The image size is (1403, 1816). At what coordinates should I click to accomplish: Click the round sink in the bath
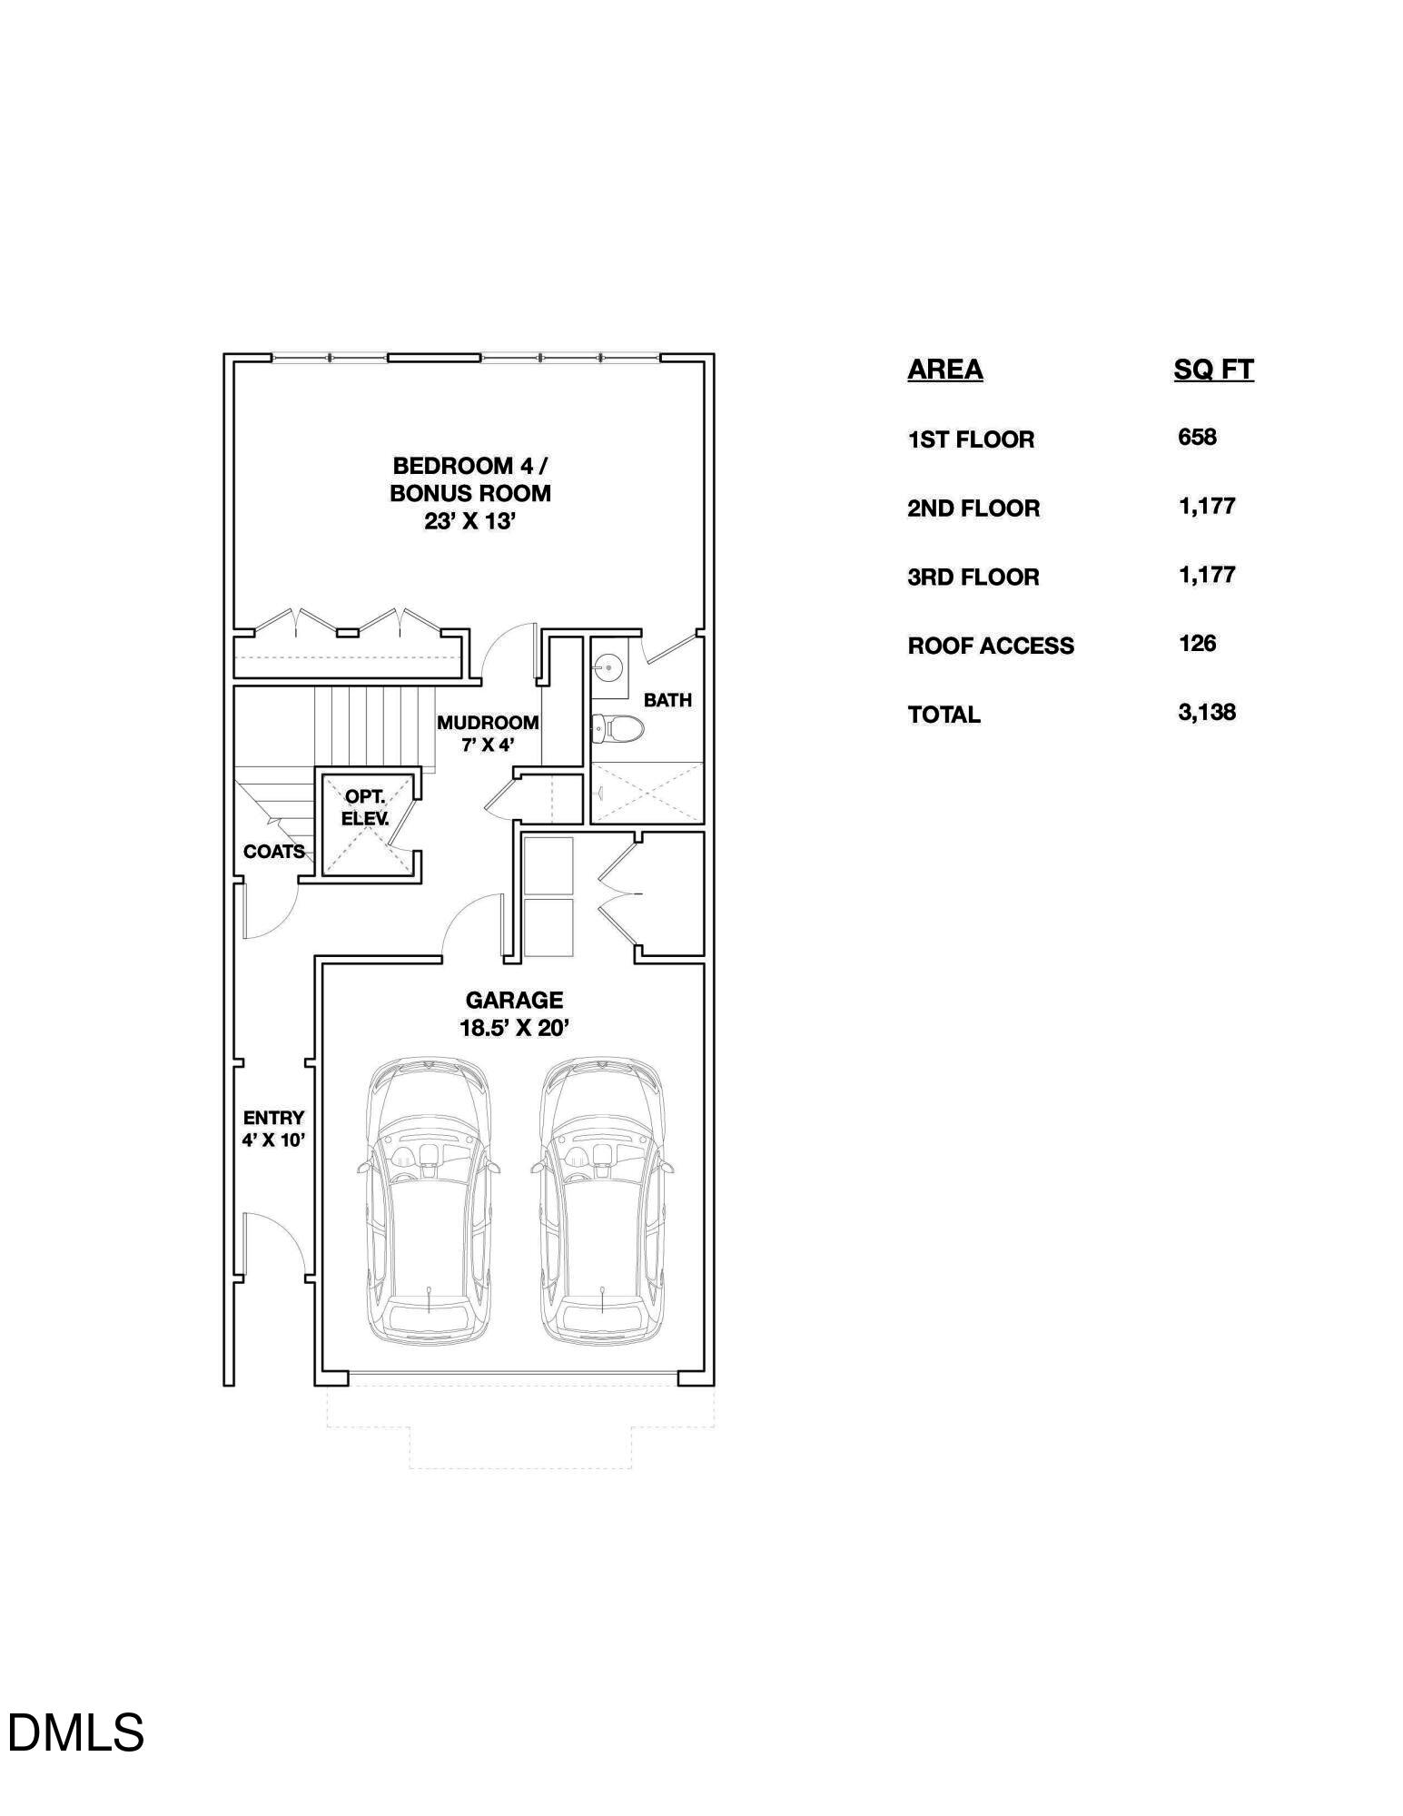point(608,668)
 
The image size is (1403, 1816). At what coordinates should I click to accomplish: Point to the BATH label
point(667,700)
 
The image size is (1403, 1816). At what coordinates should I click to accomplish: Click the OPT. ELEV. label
point(365,807)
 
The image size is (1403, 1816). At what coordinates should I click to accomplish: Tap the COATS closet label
point(274,852)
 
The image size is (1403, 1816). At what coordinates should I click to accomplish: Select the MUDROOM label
point(488,723)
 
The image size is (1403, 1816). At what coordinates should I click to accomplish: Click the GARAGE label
point(514,1000)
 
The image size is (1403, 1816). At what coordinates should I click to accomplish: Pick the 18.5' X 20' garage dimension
point(514,1029)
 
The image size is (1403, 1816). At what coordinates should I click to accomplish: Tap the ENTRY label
point(273,1118)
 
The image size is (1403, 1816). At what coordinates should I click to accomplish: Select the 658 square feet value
point(1197,437)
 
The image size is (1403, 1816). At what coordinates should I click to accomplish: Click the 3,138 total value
point(1207,712)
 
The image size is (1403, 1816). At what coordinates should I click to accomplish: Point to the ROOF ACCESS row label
point(991,646)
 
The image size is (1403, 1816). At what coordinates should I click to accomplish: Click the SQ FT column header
point(1213,370)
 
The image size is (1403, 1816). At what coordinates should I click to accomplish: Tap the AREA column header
point(945,370)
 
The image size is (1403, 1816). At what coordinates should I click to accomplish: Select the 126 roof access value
point(1197,643)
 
